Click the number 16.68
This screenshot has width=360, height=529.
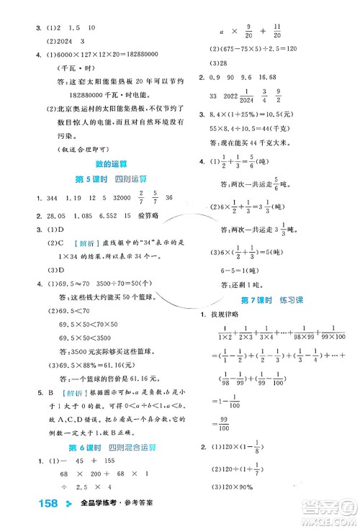[x=287, y=78]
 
